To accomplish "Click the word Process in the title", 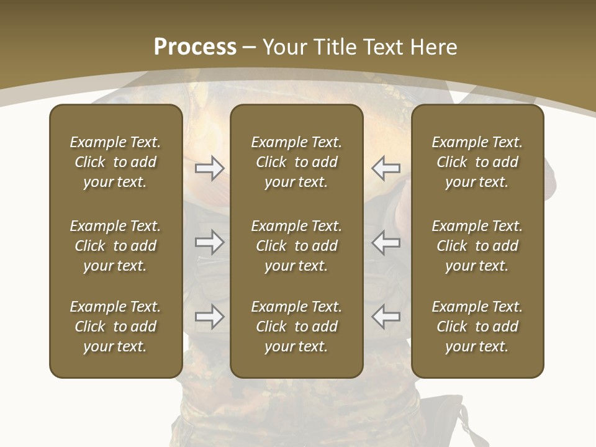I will click(195, 47).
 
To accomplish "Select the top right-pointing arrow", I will click(209, 168).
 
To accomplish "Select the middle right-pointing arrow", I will click(209, 242).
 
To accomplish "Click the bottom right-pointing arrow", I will click(209, 317).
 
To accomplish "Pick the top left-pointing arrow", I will click(386, 168).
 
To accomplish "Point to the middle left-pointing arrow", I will click(386, 242).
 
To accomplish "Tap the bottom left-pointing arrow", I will click(386, 317).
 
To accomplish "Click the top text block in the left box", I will click(115, 162).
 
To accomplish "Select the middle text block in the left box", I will click(115, 246).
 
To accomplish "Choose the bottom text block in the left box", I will click(115, 327).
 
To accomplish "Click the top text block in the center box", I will click(296, 162).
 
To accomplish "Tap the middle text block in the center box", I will click(296, 246).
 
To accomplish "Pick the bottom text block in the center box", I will click(296, 327).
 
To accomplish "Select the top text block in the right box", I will click(477, 162).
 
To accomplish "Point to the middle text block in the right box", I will click(477, 246).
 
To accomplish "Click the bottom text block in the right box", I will click(477, 327).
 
